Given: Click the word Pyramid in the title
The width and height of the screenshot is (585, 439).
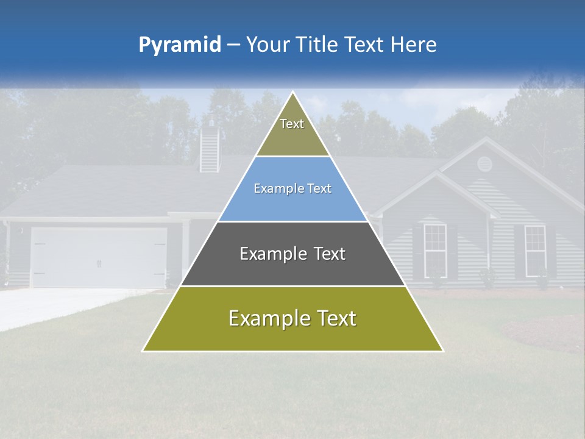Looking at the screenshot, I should pos(179,45).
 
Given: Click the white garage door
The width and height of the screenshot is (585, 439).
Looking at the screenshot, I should pos(99,258).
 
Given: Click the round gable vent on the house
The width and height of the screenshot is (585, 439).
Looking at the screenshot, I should pos(484,163).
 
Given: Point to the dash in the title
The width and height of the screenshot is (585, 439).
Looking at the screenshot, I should pos(233,45).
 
